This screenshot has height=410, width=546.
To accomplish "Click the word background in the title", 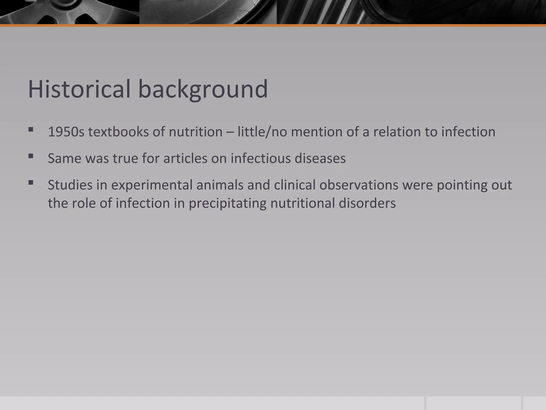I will click(203, 89).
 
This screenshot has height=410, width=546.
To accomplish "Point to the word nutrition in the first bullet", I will click(195, 132).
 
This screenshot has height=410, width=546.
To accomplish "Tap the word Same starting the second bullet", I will click(65, 159).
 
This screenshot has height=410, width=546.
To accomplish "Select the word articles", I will click(185, 159).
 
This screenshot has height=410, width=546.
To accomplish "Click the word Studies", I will click(70, 185).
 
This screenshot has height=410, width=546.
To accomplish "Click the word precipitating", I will click(227, 203).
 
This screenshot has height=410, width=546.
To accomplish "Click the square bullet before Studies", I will click(31, 183).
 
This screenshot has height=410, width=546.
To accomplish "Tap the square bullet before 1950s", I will click(31, 130).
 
